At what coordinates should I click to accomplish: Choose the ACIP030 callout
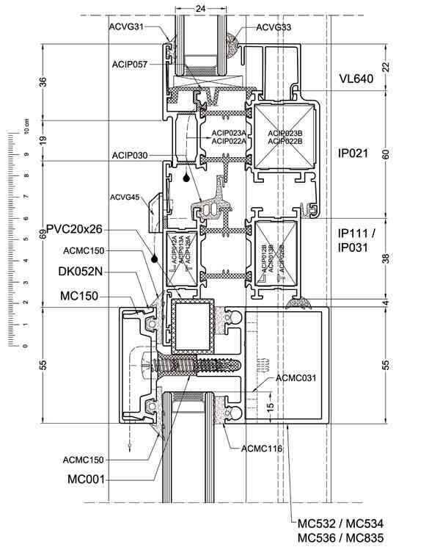coord(130,155)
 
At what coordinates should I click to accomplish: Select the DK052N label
coord(81,272)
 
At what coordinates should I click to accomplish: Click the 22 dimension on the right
coord(387,66)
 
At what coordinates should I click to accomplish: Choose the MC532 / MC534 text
coord(340,523)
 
